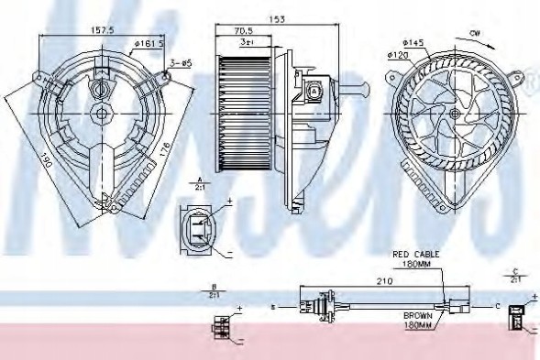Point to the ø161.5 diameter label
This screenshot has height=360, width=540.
[x=148, y=42]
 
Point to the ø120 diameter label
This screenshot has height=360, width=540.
[x=399, y=55]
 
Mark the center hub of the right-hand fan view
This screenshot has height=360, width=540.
[x=456, y=113]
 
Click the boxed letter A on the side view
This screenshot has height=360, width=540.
[x=315, y=91]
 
